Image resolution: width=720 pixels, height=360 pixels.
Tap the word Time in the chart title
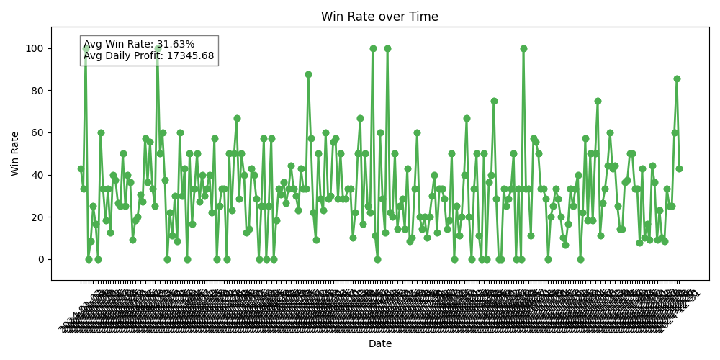[424, 17]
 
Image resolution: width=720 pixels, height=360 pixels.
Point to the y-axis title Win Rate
[15, 153]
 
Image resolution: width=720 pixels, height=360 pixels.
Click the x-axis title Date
[380, 343]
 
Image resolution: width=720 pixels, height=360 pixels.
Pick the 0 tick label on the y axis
[40, 259]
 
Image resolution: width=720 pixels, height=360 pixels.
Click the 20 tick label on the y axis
[37, 217]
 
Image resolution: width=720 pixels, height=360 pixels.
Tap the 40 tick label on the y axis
[37, 175]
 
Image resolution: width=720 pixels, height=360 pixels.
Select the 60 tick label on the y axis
[37, 132]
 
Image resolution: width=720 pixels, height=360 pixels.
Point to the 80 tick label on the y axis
[37, 91]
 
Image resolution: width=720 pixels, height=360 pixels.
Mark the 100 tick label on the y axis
[35, 48]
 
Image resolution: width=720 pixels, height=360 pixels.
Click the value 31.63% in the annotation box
[176, 45]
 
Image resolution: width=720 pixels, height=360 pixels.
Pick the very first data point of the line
[81, 168]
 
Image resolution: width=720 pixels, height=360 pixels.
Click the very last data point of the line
[679, 168]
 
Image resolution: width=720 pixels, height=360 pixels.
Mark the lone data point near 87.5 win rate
[308, 74]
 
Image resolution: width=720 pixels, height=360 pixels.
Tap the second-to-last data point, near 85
[677, 78]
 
